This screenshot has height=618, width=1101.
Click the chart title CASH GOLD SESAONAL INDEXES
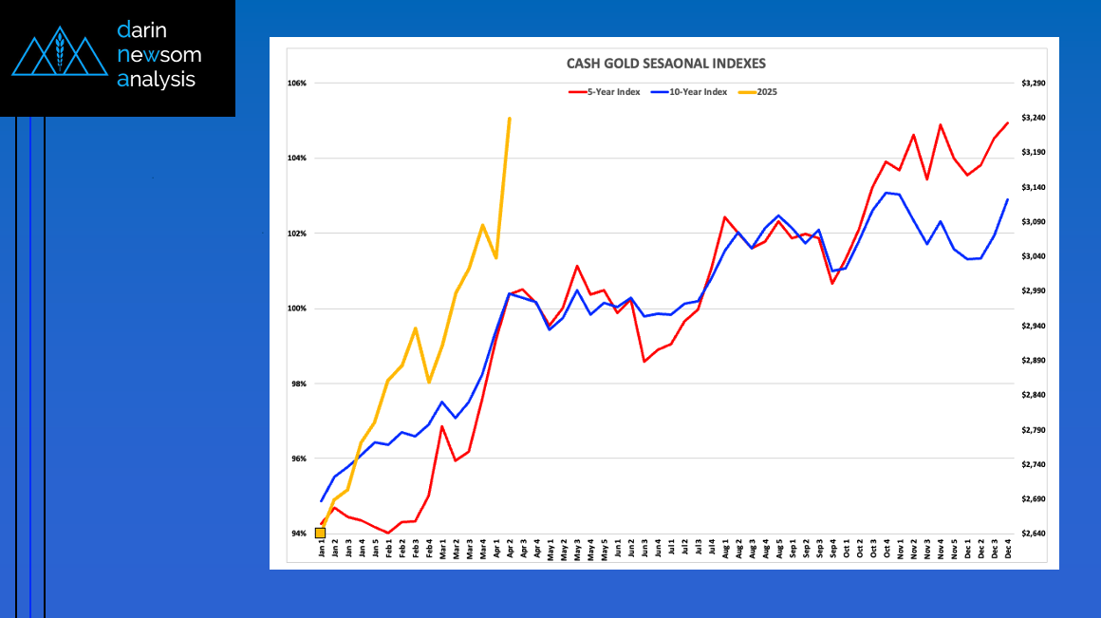coord(664,64)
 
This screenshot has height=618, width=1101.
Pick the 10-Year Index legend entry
coord(698,91)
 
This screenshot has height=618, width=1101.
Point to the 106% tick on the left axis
coord(296,84)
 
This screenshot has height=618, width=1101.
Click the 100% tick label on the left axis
coord(296,309)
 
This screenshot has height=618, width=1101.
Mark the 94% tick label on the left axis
coord(297,534)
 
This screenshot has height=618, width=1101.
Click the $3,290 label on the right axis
coord(1033,84)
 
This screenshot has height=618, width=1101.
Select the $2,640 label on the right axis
coord(1033,534)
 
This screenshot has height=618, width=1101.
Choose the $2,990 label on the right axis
coord(1033,291)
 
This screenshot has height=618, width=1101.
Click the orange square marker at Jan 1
coord(320,533)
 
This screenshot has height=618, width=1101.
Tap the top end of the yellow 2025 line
coord(510,119)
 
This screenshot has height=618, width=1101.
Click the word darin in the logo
coord(143,30)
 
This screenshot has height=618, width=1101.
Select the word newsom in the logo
coord(159,55)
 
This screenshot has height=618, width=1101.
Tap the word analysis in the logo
coord(156,80)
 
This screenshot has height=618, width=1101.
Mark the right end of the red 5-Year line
coord(1007,122)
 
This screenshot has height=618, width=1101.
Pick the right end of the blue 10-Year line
coord(1007,199)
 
